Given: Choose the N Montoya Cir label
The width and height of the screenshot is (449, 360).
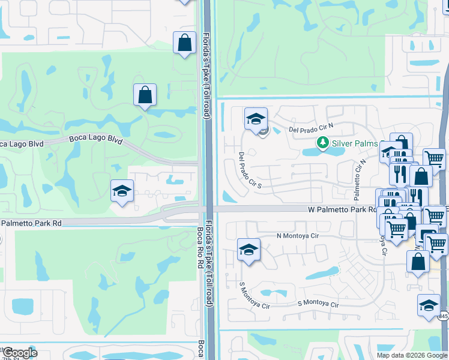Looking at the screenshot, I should pos(298,236).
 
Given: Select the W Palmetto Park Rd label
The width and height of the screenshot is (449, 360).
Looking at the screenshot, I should pos(342,210).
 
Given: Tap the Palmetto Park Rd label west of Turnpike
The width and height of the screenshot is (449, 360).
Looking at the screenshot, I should pos(32,223).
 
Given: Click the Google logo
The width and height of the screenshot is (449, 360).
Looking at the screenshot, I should pos(19,352).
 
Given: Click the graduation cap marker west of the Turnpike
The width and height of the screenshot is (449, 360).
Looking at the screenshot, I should pos(122,192).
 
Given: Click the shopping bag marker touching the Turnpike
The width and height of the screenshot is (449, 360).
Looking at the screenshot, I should pos(184,43).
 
